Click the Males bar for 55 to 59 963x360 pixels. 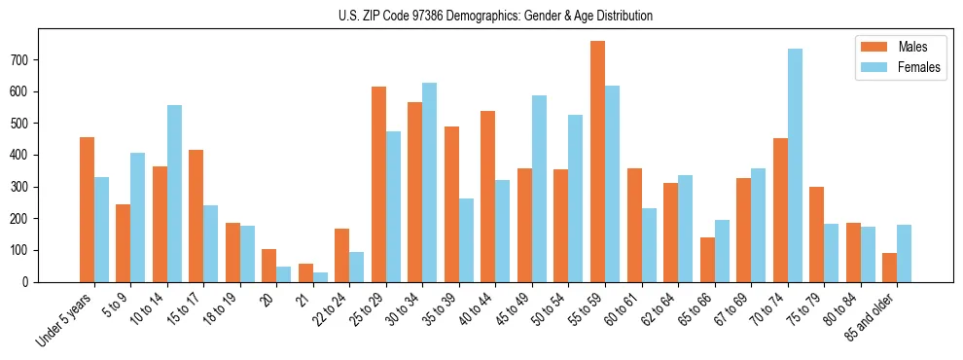coord(597,162)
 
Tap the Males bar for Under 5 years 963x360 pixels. coord(87,209)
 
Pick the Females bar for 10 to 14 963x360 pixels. coord(174,194)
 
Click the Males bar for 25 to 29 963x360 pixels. coord(378,184)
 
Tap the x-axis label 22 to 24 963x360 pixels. coord(327,309)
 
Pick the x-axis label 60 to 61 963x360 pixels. coord(619,309)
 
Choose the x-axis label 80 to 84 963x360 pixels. coord(838,309)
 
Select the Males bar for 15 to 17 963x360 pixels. coord(196,216)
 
